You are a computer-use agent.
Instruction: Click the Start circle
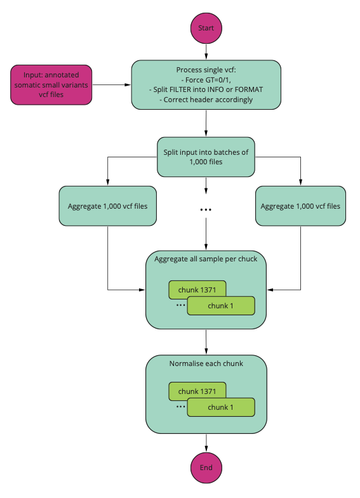(206, 28)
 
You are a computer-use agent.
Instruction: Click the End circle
(206, 468)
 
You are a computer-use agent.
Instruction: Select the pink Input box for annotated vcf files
(51, 85)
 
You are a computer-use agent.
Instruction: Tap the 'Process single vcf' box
(206, 85)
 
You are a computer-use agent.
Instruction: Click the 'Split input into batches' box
(206, 157)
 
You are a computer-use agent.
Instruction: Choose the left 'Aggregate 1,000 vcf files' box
(108, 206)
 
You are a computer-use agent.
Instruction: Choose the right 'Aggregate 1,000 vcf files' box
(300, 206)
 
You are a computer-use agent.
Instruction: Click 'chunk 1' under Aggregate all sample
(221, 306)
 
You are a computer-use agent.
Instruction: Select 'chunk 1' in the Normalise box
(221, 407)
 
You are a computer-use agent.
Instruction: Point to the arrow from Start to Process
(206, 52)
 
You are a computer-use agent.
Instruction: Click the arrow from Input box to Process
(112, 85)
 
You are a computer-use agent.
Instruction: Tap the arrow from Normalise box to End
(206, 443)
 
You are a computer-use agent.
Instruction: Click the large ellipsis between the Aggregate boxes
(206, 209)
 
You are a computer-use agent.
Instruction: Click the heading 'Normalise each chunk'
(206, 364)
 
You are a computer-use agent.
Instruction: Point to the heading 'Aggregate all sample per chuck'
(206, 259)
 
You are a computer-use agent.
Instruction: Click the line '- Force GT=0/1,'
(206, 80)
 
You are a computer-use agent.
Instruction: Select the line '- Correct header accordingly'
(206, 100)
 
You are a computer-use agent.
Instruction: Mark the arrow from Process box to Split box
(206, 123)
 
